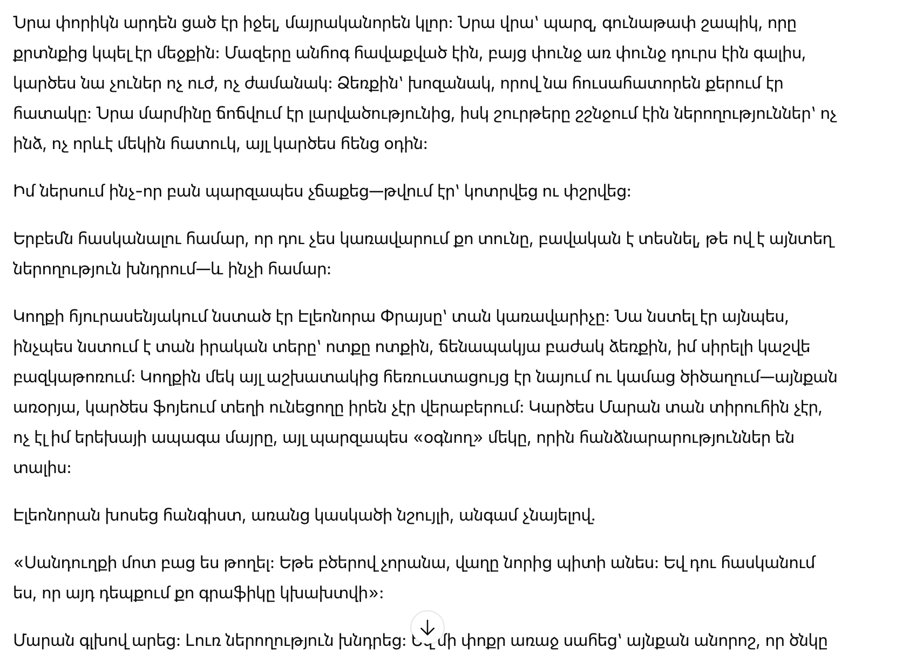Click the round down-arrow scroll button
click(x=427, y=628)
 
